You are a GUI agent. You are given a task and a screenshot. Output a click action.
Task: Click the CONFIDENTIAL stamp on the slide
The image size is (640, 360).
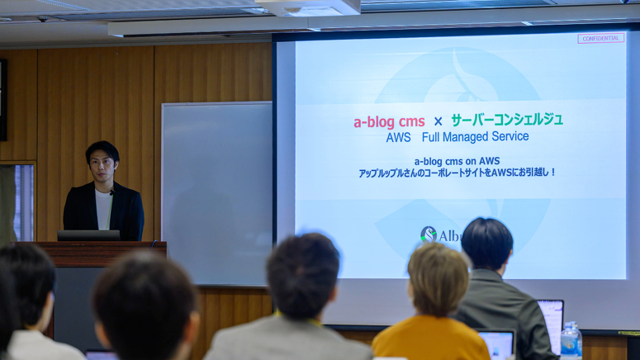point(600,38)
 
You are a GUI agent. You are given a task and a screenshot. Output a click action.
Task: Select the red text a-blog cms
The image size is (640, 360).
point(389,122)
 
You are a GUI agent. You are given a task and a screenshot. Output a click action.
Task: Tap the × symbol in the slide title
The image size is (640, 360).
point(438,122)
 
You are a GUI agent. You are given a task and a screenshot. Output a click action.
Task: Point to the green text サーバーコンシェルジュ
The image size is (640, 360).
point(506,120)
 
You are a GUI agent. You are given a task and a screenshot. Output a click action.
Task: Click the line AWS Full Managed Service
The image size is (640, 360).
point(457,137)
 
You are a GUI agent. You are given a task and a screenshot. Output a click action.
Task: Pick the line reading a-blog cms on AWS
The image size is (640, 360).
point(457,161)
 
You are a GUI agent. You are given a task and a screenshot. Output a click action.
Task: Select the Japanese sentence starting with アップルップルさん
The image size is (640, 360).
point(457,173)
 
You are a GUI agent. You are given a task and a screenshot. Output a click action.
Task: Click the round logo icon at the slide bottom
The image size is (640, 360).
point(428,234)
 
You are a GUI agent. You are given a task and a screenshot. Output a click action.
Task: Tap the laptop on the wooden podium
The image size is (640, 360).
point(88,235)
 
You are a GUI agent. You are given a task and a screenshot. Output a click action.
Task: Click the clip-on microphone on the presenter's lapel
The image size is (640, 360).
point(111,193)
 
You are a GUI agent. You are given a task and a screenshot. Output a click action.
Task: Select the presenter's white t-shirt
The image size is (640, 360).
point(103,210)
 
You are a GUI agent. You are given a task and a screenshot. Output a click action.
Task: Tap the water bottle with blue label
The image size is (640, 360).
point(570,340)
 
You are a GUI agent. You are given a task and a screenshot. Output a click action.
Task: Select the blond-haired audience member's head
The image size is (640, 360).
point(439,279)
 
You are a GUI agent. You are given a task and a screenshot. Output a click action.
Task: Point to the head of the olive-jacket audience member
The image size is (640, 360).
point(486,244)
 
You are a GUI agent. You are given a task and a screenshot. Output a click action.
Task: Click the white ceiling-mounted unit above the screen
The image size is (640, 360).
point(310,7)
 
